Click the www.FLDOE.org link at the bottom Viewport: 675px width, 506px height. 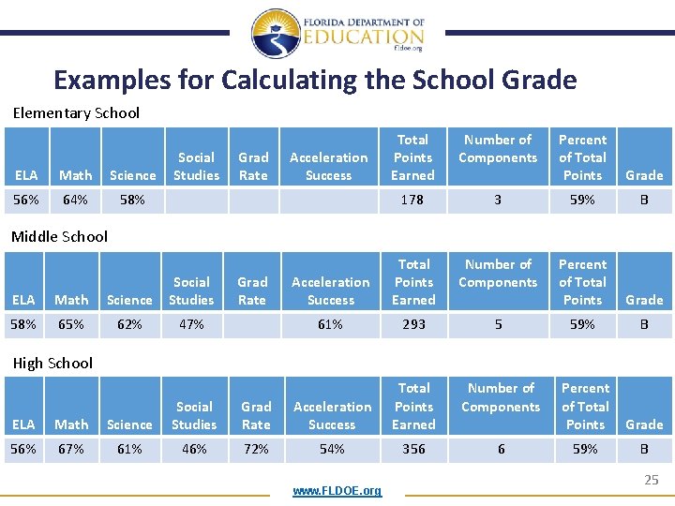coord(337,491)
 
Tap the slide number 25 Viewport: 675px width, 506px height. coord(651,481)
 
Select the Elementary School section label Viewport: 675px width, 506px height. coord(76,113)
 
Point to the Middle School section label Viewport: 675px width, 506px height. coord(59,237)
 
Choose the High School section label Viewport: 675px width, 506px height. coord(52,364)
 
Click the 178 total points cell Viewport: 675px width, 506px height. coord(412,200)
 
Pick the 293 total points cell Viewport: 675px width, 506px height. coord(413,324)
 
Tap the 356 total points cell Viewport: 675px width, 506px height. coord(413,449)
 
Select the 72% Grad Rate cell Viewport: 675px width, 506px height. coord(256,449)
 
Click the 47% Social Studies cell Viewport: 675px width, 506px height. coord(191,324)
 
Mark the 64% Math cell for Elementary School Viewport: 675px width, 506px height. coord(75,200)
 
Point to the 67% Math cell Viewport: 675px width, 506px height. coord(72,449)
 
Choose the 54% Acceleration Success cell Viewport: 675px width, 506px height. coord(332,449)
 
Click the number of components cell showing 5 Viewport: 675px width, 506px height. coord(498,324)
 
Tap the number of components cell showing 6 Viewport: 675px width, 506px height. coord(501,449)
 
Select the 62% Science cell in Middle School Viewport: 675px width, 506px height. coord(129,324)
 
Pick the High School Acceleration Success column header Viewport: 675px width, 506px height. coord(332,415)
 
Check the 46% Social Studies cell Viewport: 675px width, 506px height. coord(194,449)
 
